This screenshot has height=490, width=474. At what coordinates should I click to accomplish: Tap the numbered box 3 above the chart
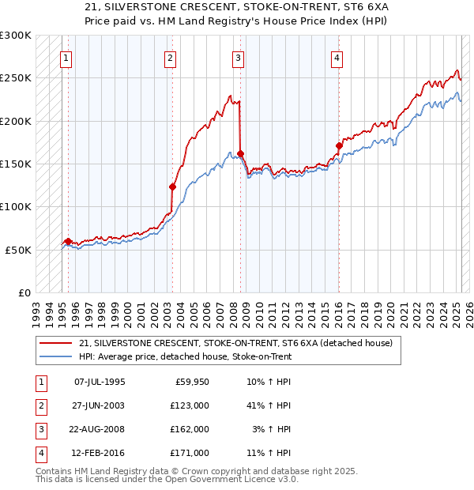[238, 57]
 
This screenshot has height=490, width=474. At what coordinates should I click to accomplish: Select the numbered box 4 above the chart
[337, 57]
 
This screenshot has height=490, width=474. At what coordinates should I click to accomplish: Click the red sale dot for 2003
[172, 187]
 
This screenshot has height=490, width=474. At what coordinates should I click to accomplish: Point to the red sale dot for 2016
[339, 145]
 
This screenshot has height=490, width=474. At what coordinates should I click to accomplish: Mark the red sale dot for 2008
[241, 153]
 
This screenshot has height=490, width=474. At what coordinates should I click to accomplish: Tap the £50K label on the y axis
[19, 250]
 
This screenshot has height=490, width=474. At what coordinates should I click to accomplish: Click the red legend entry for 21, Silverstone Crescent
[230, 342]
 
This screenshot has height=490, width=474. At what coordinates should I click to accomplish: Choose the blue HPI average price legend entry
[185, 357]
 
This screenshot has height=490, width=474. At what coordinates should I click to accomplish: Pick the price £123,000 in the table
[190, 405]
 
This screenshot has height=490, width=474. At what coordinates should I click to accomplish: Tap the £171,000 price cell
[190, 453]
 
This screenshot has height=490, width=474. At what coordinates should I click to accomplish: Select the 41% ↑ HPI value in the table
[267, 405]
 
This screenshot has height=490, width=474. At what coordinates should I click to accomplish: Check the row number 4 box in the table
[39, 453]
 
